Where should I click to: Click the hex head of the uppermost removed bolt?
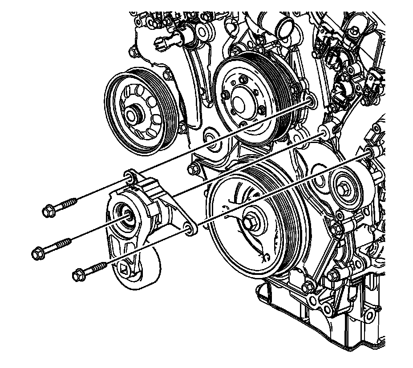pyautogui.click(x=49, y=210)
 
